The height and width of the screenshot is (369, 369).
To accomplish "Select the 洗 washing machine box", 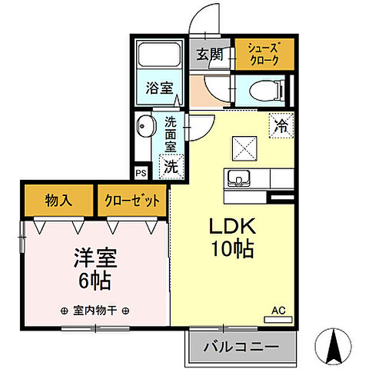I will (171, 165).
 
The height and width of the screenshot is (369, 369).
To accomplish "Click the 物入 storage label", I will (58, 201).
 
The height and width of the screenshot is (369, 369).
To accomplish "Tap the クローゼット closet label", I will (132, 201).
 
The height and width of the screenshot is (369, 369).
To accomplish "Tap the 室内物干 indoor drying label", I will (95, 311).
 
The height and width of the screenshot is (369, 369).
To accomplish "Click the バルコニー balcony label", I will (241, 348).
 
